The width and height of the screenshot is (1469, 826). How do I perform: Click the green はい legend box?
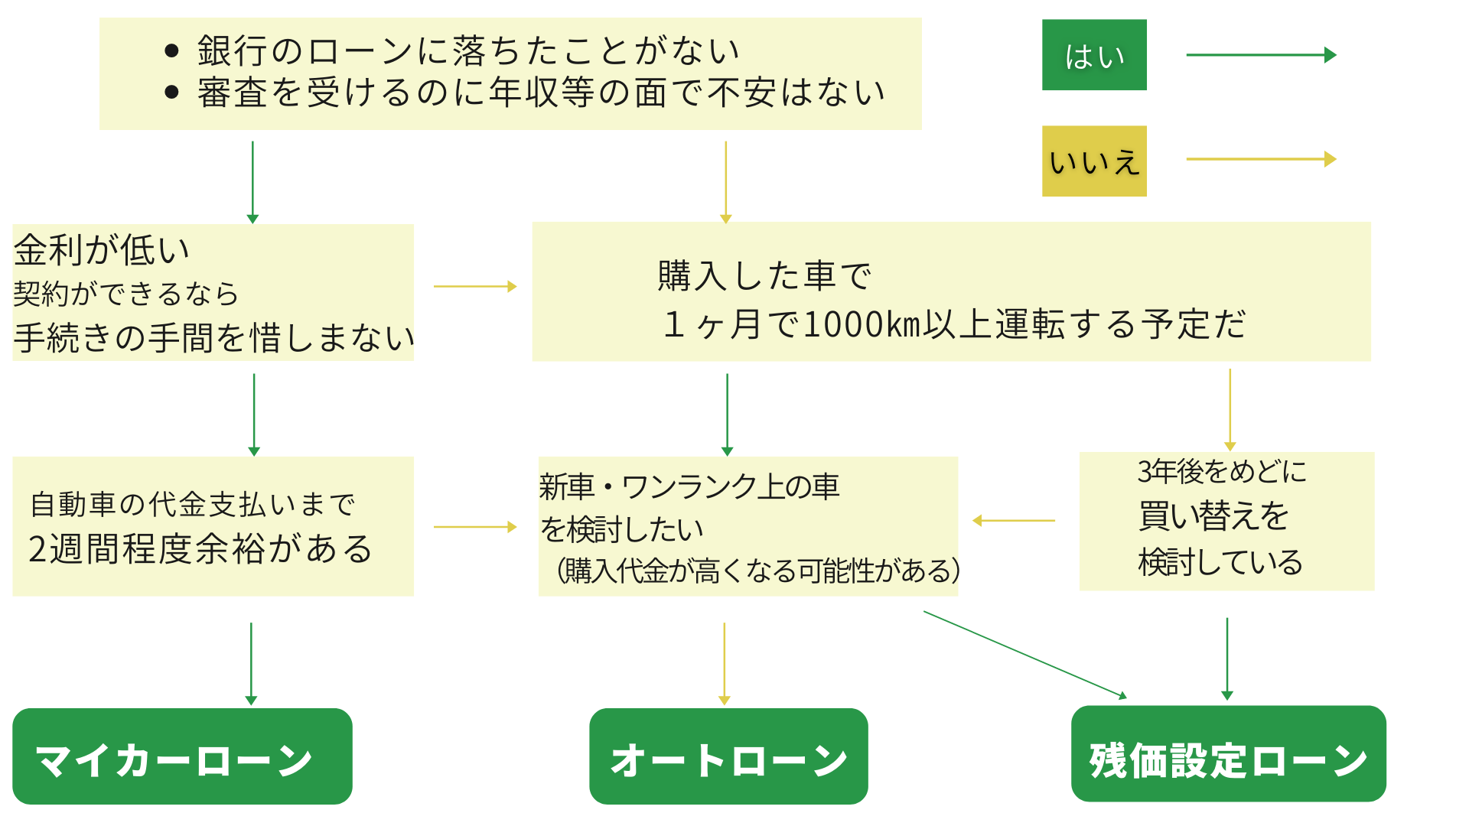[x=1094, y=55]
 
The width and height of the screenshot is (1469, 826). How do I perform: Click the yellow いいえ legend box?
[x=1094, y=161]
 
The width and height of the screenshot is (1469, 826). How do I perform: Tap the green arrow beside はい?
[x=1260, y=55]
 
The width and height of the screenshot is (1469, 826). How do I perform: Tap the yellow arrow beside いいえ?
[x=1260, y=159]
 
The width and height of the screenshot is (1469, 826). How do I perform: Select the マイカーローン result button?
[x=182, y=756]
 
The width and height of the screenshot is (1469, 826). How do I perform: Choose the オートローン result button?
[x=728, y=756]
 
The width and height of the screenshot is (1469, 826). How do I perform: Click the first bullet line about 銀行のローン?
[x=468, y=51]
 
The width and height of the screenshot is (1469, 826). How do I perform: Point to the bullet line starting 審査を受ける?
[x=540, y=93]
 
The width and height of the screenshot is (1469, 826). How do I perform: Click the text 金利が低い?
[x=102, y=249]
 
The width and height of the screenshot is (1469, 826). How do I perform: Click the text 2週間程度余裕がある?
[x=200, y=549]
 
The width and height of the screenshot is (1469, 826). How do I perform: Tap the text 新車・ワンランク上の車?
[x=689, y=486]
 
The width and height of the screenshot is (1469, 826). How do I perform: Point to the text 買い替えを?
[x=1213, y=516]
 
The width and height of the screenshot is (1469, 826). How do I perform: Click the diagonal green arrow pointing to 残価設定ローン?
[x=1025, y=655]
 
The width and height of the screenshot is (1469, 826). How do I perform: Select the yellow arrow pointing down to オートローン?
[x=725, y=663]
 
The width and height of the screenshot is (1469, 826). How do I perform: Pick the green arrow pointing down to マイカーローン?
[x=251, y=663]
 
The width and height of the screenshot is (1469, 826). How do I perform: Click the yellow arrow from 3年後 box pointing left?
[x=1014, y=521]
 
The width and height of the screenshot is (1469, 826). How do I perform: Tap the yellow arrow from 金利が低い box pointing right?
[x=475, y=287]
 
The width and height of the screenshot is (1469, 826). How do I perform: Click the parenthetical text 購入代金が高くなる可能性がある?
[x=758, y=571]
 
